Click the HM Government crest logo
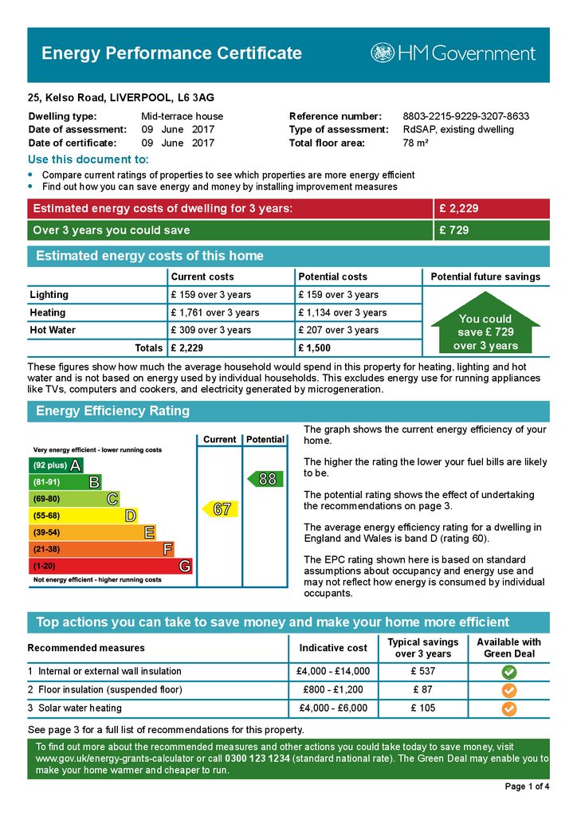383,53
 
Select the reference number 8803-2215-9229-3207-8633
465,116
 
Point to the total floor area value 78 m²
415,143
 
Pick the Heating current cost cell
214,312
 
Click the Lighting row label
49,295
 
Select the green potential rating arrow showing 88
265,479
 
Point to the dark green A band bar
55,465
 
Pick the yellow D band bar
83,516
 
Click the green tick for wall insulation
508,672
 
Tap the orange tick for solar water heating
508,708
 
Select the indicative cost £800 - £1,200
333,690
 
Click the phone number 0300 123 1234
257,759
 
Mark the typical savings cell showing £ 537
423,672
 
